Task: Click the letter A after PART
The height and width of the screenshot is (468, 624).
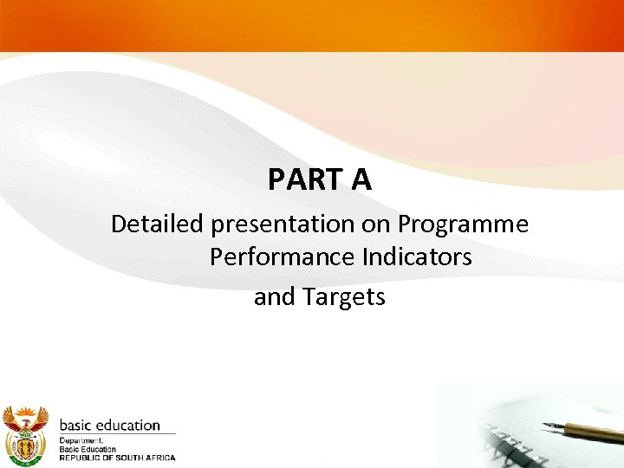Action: (x=361, y=179)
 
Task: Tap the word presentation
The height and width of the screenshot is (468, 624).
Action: (x=283, y=224)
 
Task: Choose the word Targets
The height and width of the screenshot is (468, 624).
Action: (x=344, y=297)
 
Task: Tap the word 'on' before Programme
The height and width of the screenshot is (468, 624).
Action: (x=377, y=224)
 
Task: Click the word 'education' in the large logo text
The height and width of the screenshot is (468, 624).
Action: (x=128, y=426)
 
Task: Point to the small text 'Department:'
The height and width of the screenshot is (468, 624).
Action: (x=81, y=440)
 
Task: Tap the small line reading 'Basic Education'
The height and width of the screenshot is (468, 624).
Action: (x=87, y=449)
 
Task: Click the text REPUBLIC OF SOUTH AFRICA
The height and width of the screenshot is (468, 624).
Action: (x=117, y=458)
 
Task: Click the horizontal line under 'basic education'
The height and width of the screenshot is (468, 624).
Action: (x=117, y=433)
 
